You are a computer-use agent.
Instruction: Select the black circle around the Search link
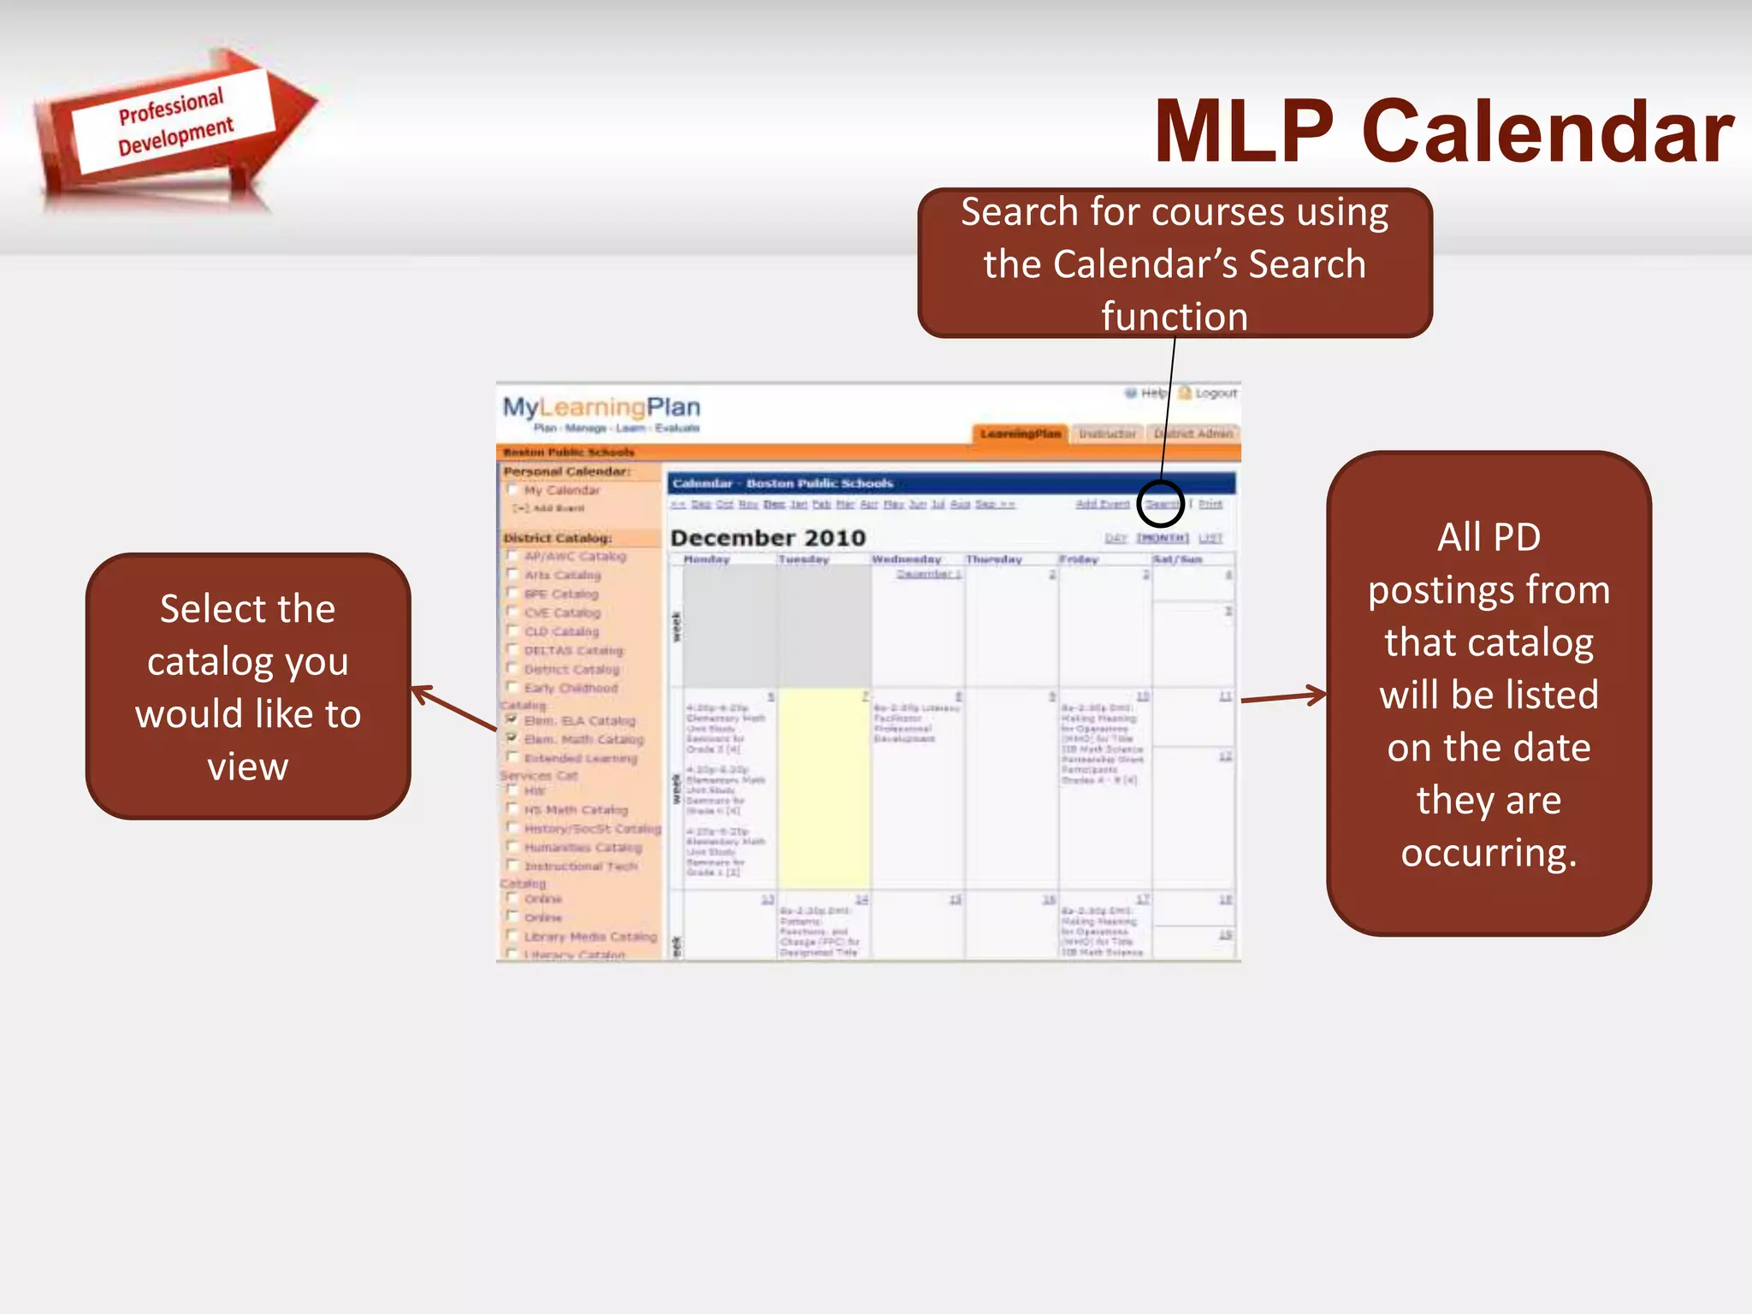[1161, 504]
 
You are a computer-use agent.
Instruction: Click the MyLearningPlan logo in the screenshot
[601, 408]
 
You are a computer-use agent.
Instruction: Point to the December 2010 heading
[768, 538]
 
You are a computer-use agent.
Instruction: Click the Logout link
[1215, 394]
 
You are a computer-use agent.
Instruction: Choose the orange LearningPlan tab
[1020, 434]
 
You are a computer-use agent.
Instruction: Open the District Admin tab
[1193, 434]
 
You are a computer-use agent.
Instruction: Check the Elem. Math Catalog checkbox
[512, 737]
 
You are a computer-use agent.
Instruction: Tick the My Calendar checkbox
[512, 490]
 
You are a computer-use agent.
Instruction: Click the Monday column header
[707, 559]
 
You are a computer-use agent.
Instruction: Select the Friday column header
[1079, 559]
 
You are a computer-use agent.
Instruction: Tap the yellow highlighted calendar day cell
[824, 787]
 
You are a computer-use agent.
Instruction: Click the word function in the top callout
[1175, 317]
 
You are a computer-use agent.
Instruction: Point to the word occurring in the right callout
[1489, 853]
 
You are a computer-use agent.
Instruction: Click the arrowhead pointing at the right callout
[1316, 695]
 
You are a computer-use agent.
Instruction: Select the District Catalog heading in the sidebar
[558, 538]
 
